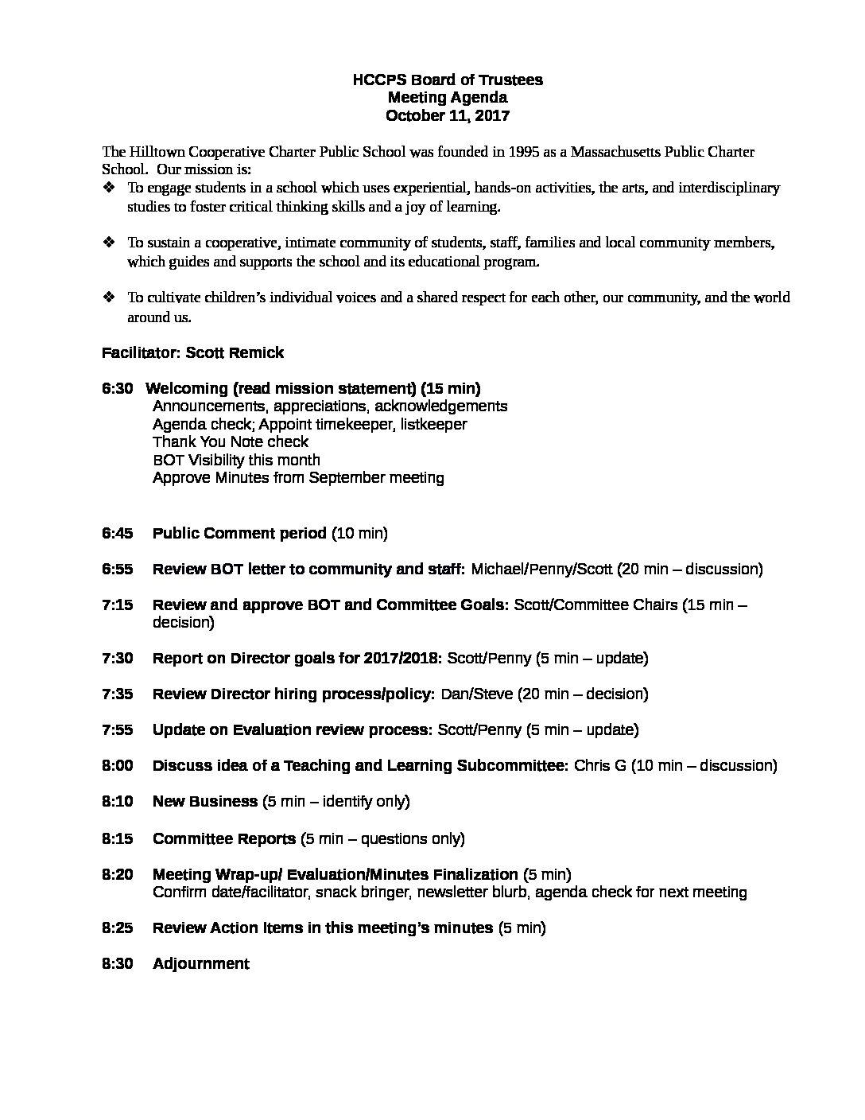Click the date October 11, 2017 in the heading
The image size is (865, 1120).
click(448, 115)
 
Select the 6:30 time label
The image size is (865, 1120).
click(117, 388)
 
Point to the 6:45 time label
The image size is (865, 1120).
click(117, 533)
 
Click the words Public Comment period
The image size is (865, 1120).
click(239, 533)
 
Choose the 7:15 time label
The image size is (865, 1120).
click(117, 605)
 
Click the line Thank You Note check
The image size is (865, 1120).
click(231, 441)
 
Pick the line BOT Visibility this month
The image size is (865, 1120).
click(236, 460)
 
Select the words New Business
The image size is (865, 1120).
click(204, 801)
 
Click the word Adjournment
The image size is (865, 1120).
click(201, 963)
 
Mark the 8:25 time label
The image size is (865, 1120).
click(117, 927)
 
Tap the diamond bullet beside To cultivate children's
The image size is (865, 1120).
click(110, 297)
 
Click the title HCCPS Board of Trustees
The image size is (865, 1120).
click(448, 80)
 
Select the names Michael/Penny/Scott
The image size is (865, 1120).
click(542, 569)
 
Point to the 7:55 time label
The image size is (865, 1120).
click(117, 729)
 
